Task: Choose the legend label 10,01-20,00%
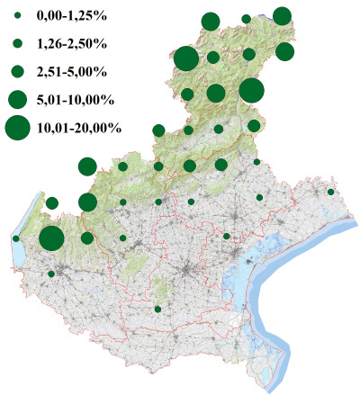point(79,129)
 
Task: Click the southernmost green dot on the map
point(157,310)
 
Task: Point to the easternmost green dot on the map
point(331,192)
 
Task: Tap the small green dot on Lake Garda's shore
point(16,238)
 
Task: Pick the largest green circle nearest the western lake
point(51,238)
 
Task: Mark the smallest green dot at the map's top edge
point(246,18)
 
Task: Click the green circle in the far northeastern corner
point(282,15)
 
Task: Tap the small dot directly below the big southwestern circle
point(51,274)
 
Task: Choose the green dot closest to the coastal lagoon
point(227,237)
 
